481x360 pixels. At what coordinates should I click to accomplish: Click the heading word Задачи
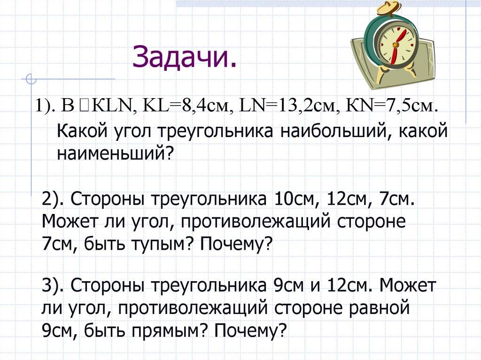point(184,56)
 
